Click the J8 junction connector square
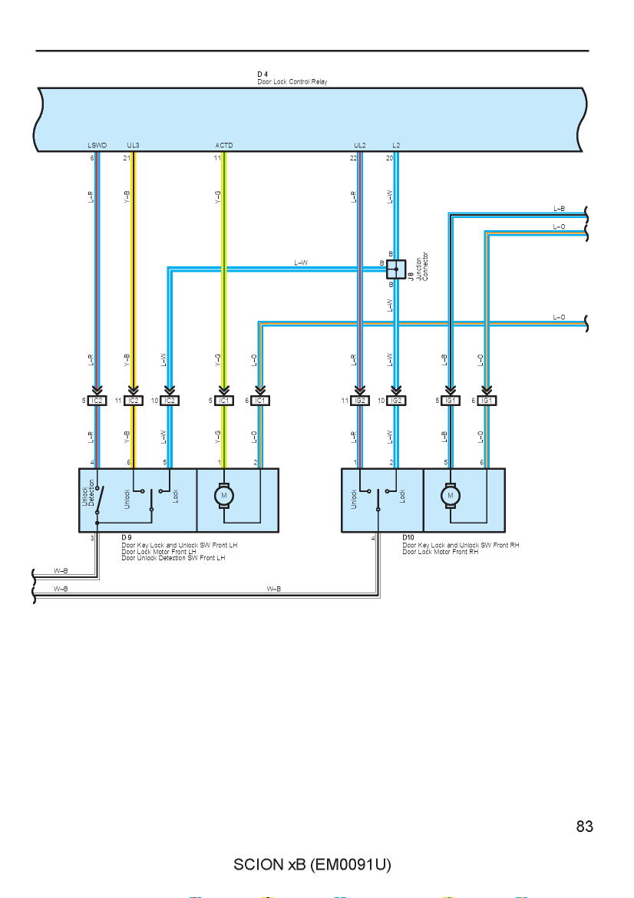pyautogui.click(x=396, y=269)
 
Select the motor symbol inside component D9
pyautogui.click(x=224, y=495)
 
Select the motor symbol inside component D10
pyautogui.click(x=450, y=495)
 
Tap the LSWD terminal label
pyautogui.click(x=97, y=146)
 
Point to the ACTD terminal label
pyautogui.click(x=224, y=146)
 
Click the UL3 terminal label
pyautogui.click(x=133, y=146)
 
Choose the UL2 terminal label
pyautogui.click(x=360, y=146)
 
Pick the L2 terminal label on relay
pyautogui.click(x=396, y=146)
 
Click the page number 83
pyautogui.click(x=585, y=827)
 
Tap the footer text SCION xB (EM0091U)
pyautogui.click(x=312, y=864)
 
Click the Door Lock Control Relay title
pyautogui.click(x=292, y=82)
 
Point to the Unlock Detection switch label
pyautogui.click(x=88, y=493)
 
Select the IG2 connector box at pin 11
pyautogui.click(x=360, y=401)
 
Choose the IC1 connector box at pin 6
pyautogui.click(x=260, y=401)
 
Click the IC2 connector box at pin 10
pyautogui.click(x=170, y=401)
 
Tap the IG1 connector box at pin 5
pyautogui.click(x=450, y=401)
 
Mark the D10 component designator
pyautogui.click(x=408, y=538)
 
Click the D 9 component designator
pyautogui.click(x=127, y=538)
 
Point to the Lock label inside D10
pyautogui.click(x=402, y=496)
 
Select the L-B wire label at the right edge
pyautogui.click(x=559, y=209)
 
